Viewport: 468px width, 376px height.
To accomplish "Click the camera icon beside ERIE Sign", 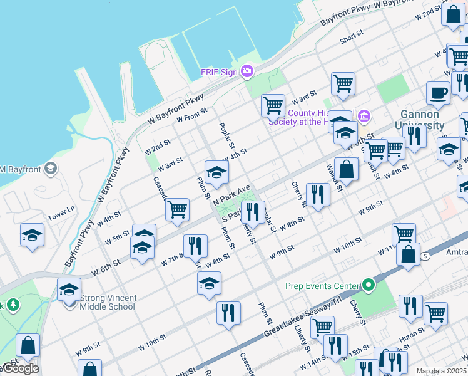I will [x=247, y=71].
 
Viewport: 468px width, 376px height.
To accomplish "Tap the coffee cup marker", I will [x=438, y=93].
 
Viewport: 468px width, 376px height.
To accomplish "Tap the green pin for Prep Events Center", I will [x=369, y=285].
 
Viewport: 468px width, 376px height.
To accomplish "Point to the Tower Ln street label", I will [x=61, y=209].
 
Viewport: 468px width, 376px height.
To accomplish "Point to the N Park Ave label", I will [x=231, y=194].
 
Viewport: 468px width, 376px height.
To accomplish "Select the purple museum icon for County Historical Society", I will [x=364, y=115].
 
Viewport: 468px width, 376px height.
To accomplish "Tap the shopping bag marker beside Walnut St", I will [x=346, y=169].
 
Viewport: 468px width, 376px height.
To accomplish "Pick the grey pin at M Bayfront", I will [x=50, y=169].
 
